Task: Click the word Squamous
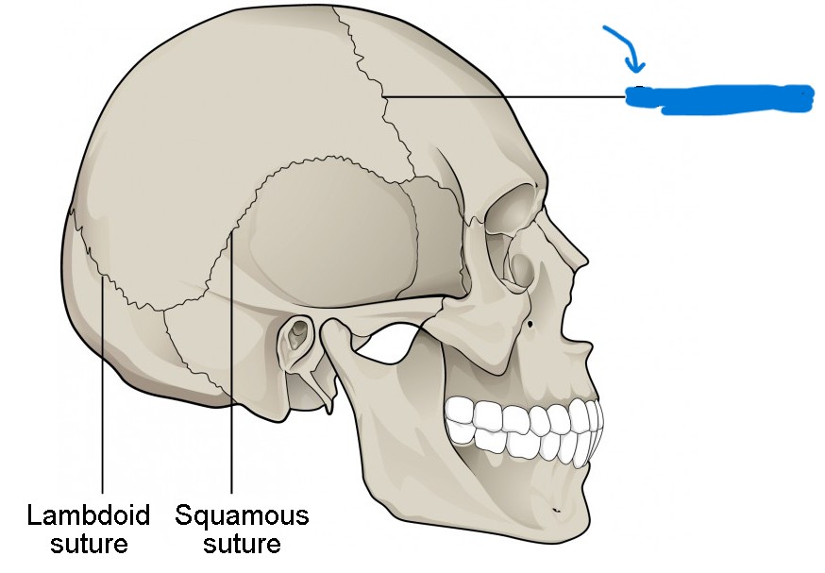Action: pyautogui.click(x=242, y=516)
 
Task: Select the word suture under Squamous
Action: pyautogui.click(x=242, y=545)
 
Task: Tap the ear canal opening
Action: pyautogui.click(x=299, y=331)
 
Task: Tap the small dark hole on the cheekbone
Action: pyautogui.click(x=534, y=326)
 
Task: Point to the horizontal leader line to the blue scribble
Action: pyautogui.click(x=510, y=96)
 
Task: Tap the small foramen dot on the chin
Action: pyautogui.click(x=556, y=511)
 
